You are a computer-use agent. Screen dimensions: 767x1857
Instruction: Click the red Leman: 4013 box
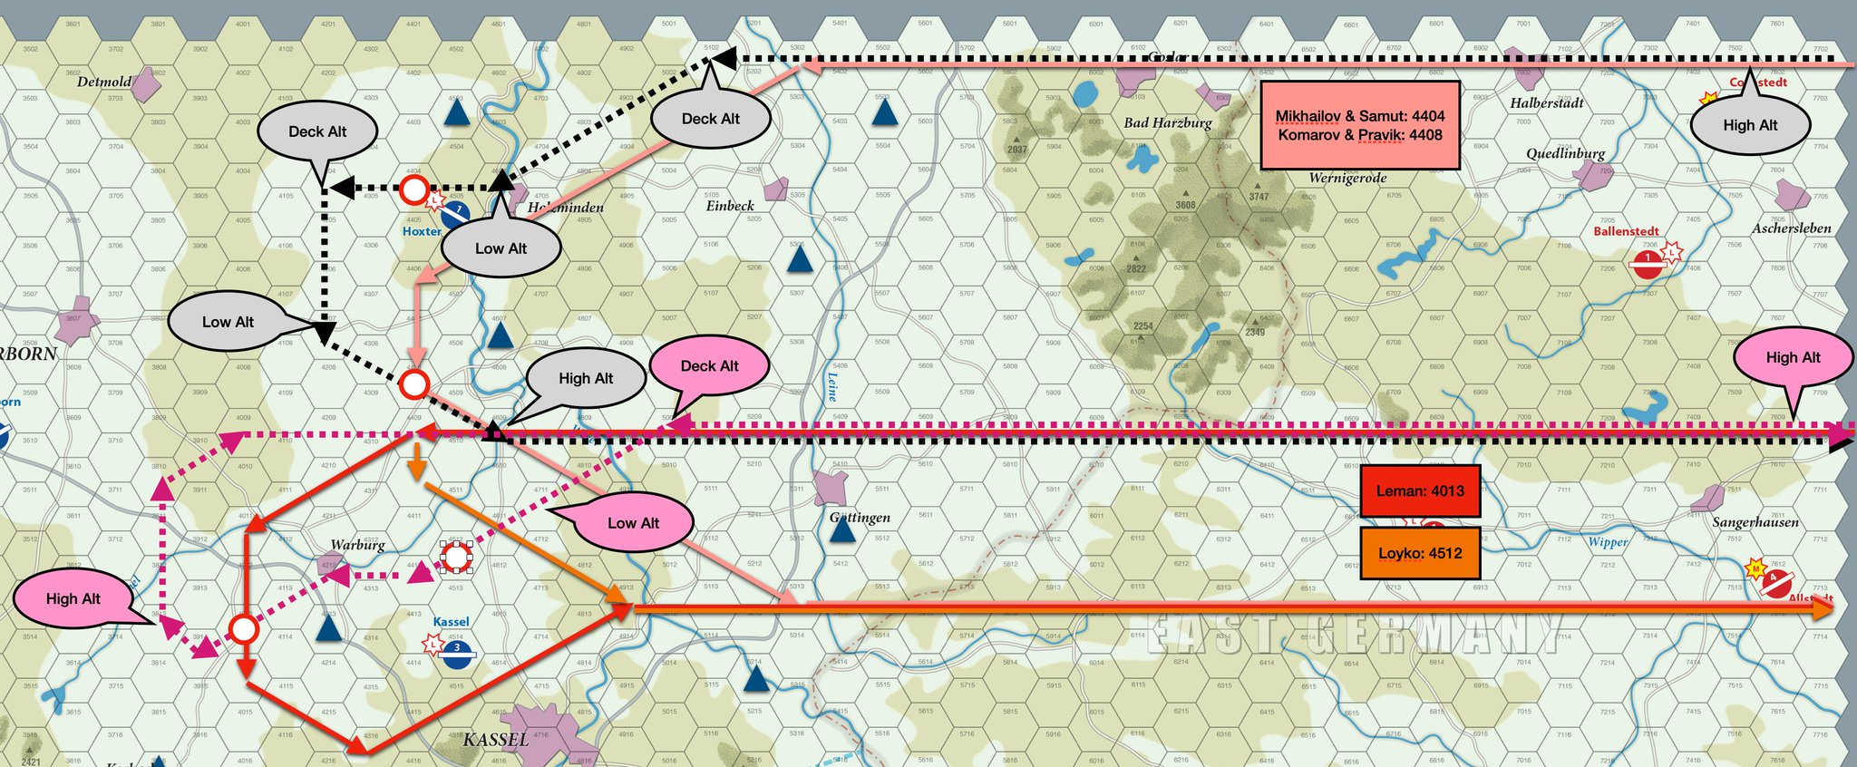pos(1420,491)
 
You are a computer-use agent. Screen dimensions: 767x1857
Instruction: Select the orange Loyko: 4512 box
pos(1420,553)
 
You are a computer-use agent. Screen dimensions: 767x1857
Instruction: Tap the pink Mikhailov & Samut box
pos(1360,125)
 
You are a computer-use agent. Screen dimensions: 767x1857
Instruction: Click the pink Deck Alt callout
pos(710,366)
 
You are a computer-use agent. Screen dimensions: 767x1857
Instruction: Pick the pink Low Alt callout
pos(633,523)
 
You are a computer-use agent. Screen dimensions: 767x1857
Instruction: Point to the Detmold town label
pos(104,82)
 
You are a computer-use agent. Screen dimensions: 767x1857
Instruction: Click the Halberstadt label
pos(1547,103)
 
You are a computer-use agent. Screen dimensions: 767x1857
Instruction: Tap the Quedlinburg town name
pos(1565,153)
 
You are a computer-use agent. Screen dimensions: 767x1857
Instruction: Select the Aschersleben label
pos(1791,228)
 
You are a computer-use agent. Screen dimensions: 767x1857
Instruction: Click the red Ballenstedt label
pos(1626,231)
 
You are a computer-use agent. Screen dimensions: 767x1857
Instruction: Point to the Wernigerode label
pos(1347,178)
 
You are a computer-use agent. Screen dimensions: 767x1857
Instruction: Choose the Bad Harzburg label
pos(1167,123)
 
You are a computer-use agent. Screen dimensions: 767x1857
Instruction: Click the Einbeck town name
pos(730,206)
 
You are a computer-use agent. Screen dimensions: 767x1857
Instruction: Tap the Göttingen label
pos(860,518)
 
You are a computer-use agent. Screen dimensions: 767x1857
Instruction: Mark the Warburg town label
pos(357,545)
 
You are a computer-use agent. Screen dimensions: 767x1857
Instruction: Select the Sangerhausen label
pos(1755,522)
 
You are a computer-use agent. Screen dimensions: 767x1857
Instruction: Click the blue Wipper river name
pos(1608,542)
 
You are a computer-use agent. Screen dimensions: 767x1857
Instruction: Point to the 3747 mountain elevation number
pos(1259,197)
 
